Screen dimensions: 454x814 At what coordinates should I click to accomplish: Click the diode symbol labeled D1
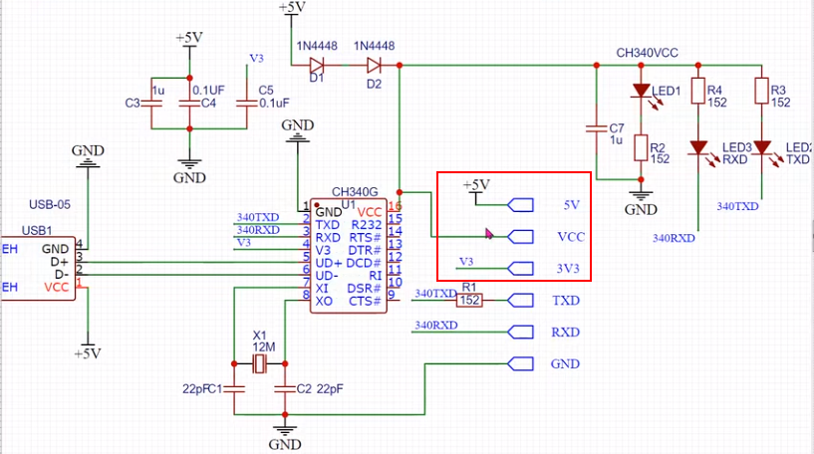click(x=317, y=66)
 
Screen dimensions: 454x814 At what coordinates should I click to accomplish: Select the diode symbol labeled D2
click(x=375, y=66)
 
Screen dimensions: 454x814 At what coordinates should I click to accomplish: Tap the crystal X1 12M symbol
click(x=261, y=365)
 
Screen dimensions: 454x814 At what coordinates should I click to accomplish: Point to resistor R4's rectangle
click(x=698, y=92)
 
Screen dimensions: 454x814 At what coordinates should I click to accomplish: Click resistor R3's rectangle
click(x=762, y=92)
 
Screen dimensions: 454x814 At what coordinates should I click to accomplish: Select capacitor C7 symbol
click(x=596, y=128)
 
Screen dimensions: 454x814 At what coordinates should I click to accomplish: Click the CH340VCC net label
click(x=647, y=52)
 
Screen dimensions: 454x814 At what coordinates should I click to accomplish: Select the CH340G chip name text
click(x=355, y=192)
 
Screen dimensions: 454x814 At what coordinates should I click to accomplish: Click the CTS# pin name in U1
click(x=364, y=301)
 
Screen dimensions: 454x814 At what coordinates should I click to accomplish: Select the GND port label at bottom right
click(x=564, y=364)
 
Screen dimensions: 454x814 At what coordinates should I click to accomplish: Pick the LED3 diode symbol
click(x=698, y=149)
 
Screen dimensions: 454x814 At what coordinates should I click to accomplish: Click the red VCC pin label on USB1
click(x=57, y=287)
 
